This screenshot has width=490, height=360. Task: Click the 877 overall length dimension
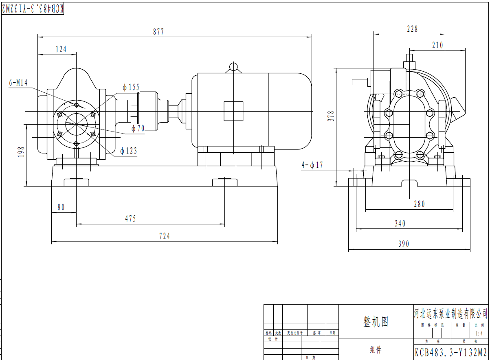158,32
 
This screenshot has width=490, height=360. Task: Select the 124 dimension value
61,49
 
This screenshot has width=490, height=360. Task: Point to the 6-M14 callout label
18,83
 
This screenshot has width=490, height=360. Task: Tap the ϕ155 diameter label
131,87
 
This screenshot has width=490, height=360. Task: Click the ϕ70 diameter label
138,129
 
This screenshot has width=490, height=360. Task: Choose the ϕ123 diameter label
129,151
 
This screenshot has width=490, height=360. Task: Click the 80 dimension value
61,207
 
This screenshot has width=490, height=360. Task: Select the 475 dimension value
130,219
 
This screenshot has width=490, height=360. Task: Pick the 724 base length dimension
164,236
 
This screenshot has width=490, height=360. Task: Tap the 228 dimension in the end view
412,29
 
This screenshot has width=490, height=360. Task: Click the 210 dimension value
437,46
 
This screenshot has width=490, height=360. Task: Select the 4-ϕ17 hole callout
312,165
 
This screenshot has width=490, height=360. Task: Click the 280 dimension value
419,204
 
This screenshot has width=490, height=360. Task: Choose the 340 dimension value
400,224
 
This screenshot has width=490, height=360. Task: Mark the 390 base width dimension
403,244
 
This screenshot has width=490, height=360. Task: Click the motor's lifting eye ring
234,66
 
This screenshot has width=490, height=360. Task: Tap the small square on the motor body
233,111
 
